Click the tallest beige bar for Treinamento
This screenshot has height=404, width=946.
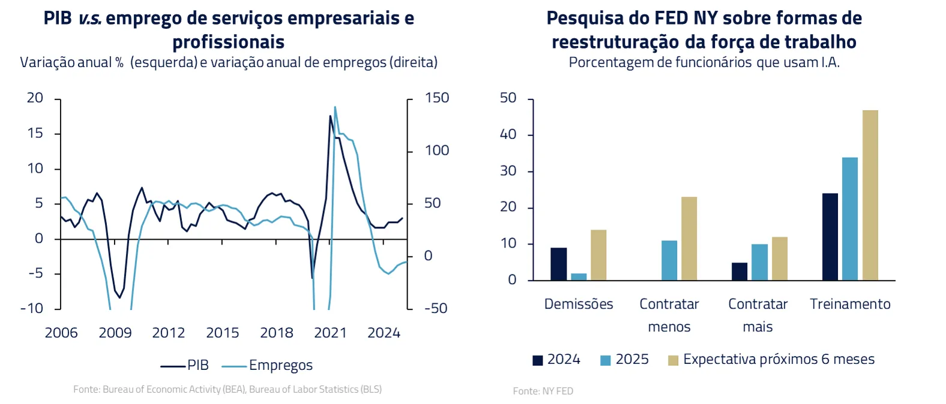870,195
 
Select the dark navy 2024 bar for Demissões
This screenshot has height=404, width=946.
558,264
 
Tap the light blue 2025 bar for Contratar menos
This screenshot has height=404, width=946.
669,260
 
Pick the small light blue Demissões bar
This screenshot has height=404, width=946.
579,277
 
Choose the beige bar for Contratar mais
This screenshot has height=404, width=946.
779,258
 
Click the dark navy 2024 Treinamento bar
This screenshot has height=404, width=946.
830,237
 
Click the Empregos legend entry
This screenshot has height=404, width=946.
268,365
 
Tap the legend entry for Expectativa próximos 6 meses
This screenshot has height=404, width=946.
771,360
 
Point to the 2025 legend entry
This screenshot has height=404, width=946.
625,360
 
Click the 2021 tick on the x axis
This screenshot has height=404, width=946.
330,333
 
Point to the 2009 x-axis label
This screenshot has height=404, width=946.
115,333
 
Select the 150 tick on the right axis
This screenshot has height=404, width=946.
436,98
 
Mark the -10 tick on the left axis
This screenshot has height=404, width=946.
32,308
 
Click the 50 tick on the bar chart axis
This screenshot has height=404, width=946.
508,98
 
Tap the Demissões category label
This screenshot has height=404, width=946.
579,304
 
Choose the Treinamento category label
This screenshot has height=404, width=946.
850,304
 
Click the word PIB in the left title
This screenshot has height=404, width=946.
58,18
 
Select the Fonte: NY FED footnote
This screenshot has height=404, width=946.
543,391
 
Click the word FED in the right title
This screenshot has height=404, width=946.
671,18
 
